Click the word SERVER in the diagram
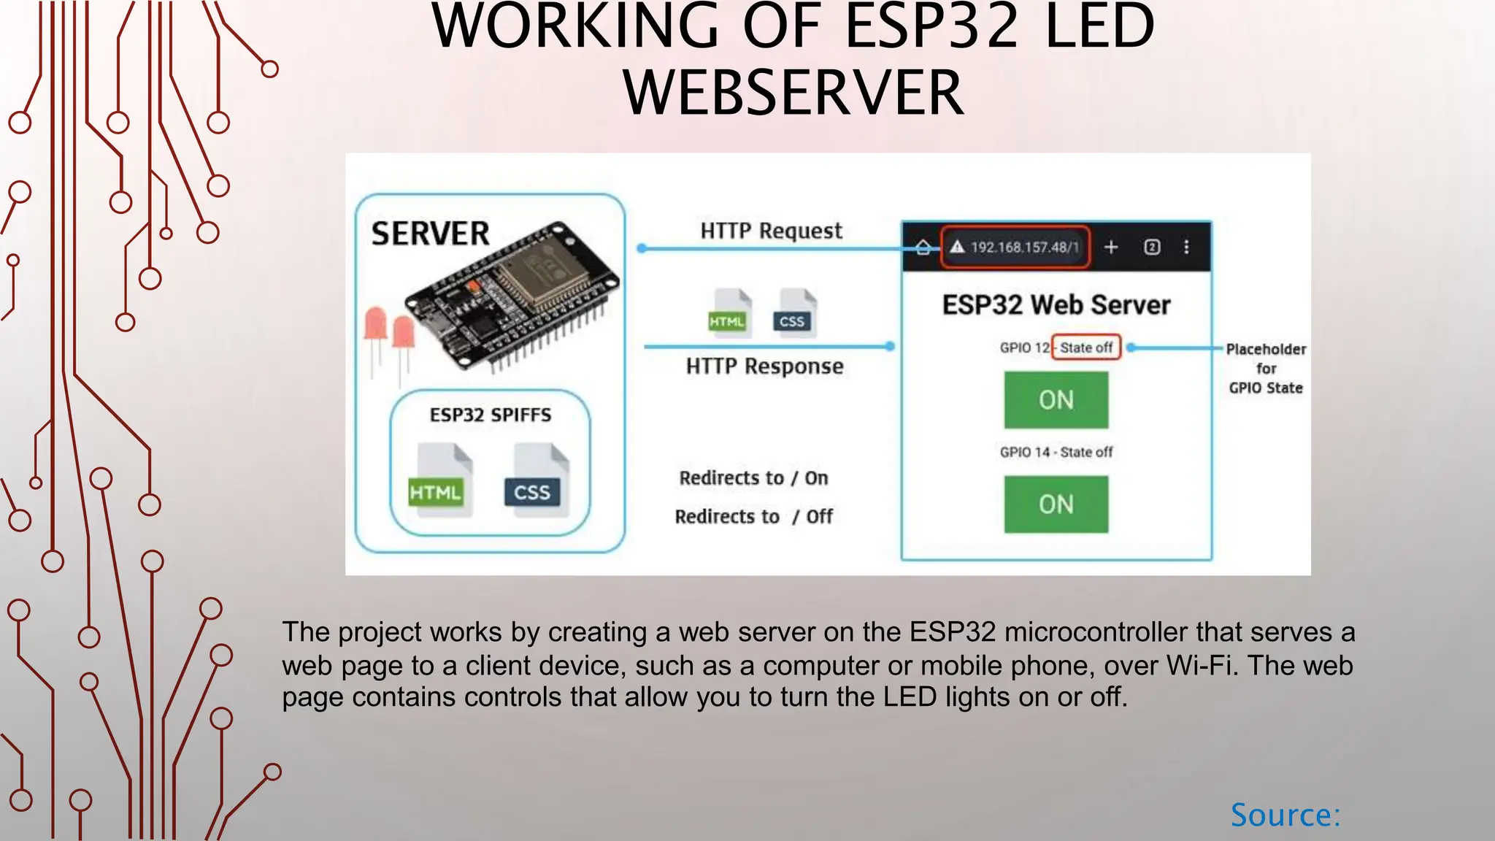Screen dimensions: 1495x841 click(430, 234)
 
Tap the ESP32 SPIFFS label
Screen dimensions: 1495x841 click(490, 415)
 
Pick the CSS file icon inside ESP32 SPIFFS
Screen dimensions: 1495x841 click(536, 480)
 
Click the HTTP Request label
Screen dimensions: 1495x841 click(771, 231)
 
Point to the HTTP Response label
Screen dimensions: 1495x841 click(764, 366)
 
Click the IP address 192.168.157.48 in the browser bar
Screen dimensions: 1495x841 click(1023, 247)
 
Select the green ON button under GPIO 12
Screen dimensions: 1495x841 click(1056, 400)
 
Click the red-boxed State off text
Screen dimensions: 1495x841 click(1085, 347)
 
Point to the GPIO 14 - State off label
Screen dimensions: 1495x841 click(1056, 452)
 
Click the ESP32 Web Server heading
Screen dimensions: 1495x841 click(1056, 304)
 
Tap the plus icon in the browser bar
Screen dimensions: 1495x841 click(1111, 247)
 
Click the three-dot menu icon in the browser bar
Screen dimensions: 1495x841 click(1186, 247)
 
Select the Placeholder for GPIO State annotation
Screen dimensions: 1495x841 click(1266, 369)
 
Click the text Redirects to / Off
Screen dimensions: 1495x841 click(753, 517)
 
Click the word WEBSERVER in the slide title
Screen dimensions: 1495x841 click(793, 93)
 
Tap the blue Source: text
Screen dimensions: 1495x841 click(1285, 815)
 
